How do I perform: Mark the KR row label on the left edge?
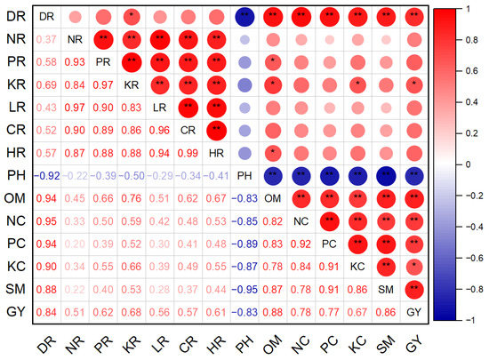(14, 84)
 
